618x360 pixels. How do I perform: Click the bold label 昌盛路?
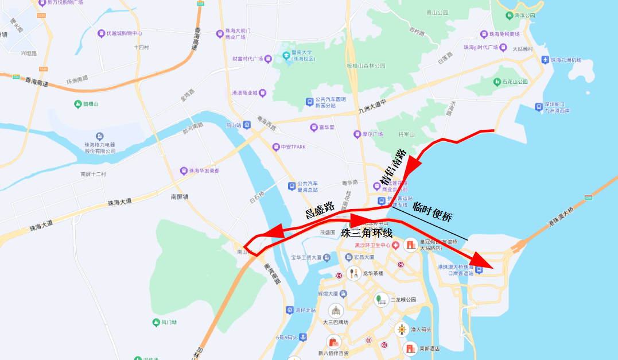tap(320, 210)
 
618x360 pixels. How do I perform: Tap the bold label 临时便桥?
tap(433, 213)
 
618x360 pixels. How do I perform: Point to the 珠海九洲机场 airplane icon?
tap(545, 60)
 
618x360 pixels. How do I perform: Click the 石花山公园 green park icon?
tap(497, 82)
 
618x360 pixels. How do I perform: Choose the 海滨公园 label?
tap(525, 16)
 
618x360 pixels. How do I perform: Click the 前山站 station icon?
tap(247, 125)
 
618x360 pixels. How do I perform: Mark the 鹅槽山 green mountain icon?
tap(78, 104)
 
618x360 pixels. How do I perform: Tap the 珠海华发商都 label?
tap(204, 171)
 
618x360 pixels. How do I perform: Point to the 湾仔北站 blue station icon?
tap(290, 310)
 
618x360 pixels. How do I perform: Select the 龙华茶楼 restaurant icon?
tap(353, 273)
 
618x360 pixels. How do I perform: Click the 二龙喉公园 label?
tap(402, 300)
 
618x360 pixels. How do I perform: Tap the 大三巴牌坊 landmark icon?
tap(335, 311)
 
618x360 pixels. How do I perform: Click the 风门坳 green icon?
tap(156, 323)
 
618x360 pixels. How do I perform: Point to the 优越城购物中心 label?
tap(124, 33)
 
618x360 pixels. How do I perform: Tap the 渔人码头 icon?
tap(402, 330)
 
